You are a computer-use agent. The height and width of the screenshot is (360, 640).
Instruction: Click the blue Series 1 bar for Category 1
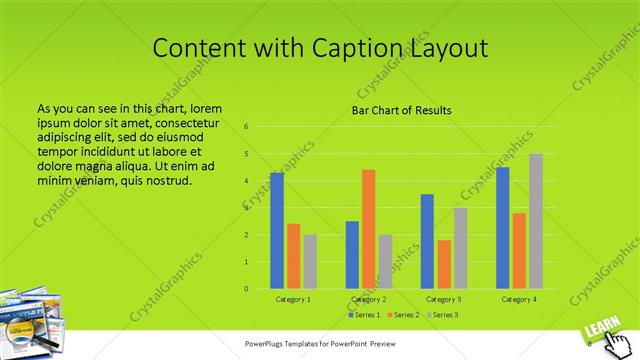277,231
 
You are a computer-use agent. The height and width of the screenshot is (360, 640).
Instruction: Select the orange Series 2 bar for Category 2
368,229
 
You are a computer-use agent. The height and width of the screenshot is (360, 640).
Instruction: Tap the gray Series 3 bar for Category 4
536,221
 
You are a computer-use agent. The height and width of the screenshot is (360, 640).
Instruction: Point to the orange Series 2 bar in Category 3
444,264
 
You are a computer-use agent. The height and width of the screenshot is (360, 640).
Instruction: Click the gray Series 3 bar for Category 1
310,262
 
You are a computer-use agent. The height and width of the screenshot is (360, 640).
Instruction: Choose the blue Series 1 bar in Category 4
503,228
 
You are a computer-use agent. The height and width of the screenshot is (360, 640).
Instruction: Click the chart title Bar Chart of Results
401,110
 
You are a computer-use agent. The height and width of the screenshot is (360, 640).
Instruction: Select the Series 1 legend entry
362,315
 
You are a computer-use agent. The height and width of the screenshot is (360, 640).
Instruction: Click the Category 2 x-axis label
369,299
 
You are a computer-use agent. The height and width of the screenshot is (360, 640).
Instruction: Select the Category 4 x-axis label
519,299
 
